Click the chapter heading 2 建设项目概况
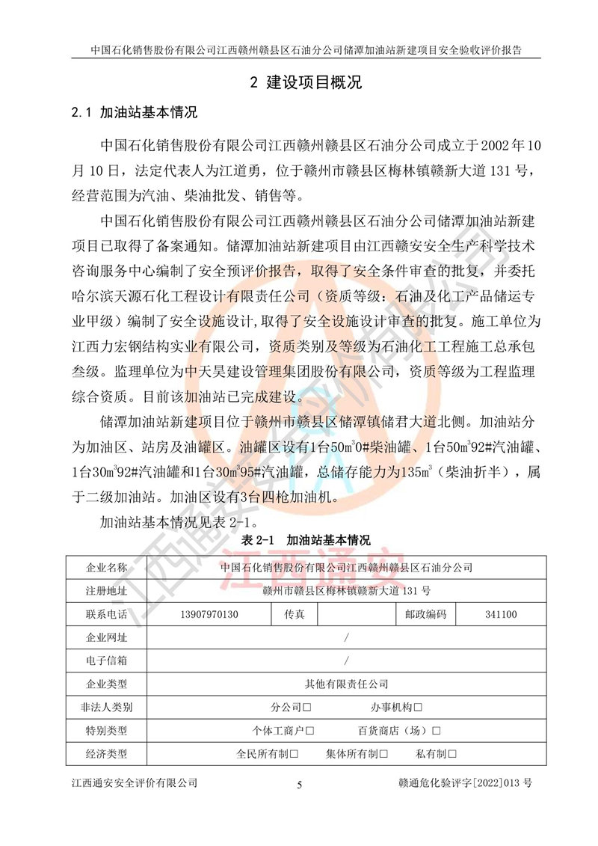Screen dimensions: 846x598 coord(306,82)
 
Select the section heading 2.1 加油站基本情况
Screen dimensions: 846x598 coord(134,114)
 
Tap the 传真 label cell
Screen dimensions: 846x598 coord(294,615)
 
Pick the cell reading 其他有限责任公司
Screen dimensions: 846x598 coord(347,684)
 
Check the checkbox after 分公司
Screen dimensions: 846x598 coord(307,708)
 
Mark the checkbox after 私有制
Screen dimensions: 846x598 coord(452,754)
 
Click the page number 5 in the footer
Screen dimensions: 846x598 coord(300,785)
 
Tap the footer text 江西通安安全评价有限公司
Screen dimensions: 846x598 coord(134,783)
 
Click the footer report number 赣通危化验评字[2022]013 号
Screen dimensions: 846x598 coord(466,783)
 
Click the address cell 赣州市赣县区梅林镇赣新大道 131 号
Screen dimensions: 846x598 coord(347,591)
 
